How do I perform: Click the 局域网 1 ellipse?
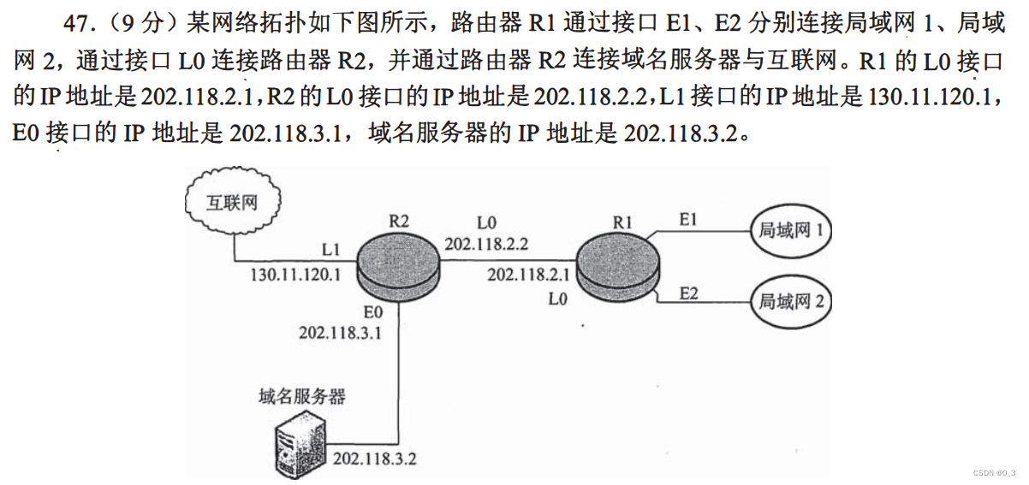[x=790, y=230]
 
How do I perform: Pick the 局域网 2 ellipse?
[x=790, y=300]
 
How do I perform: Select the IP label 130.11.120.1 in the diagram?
[x=295, y=275]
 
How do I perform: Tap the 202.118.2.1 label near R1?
[x=528, y=275]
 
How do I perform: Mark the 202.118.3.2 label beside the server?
[x=374, y=458]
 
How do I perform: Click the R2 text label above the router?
[x=398, y=221]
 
